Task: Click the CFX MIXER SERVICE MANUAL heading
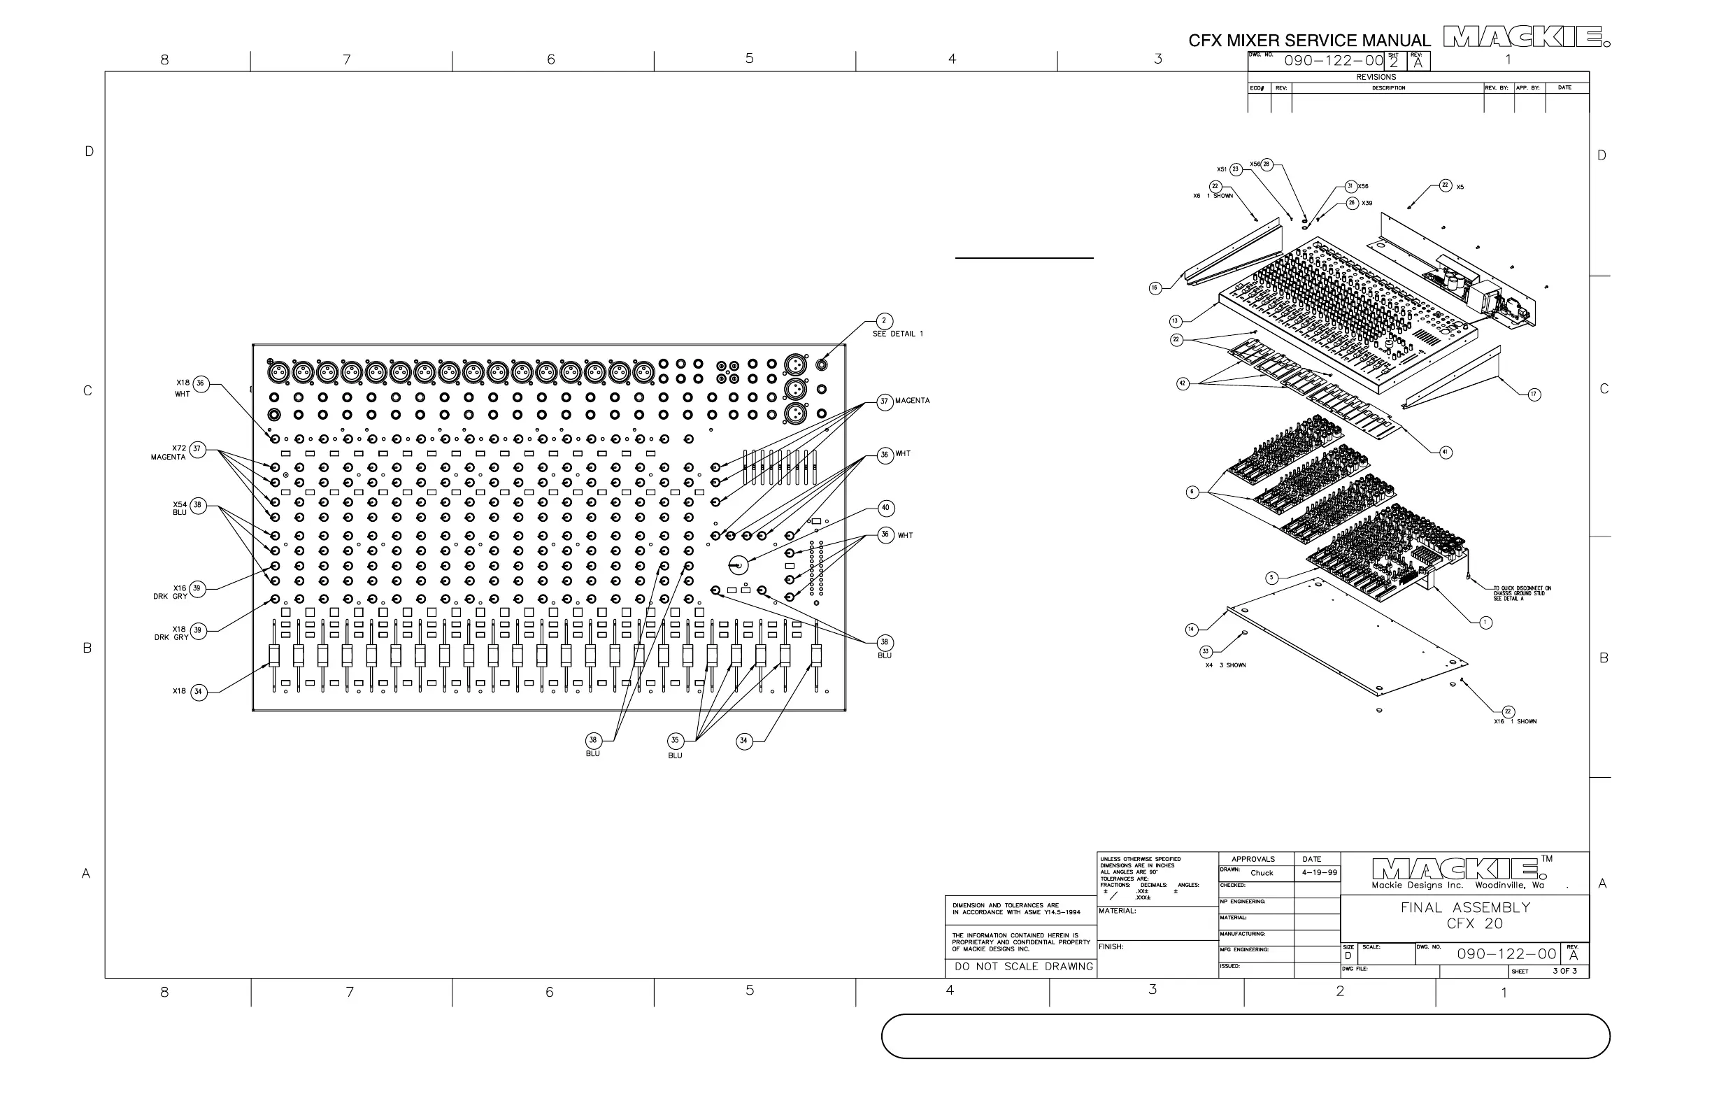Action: pos(1308,41)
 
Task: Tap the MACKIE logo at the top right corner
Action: pos(1526,36)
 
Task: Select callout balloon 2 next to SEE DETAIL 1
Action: pos(884,321)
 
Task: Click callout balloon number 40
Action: pos(885,508)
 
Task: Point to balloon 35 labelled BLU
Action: pos(675,739)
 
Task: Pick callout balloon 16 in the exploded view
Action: pos(1155,287)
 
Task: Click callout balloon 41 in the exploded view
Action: pos(1446,452)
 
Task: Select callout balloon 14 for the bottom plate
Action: pos(1191,630)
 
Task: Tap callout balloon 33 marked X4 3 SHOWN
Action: pos(1206,652)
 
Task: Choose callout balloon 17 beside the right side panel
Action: pos(1534,395)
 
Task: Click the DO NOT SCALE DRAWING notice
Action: pos(1024,966)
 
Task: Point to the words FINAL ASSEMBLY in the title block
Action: pos(1465,907)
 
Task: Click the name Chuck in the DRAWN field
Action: pos(1262,873)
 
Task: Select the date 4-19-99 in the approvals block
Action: pos(1320,873)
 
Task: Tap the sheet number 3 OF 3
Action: pos(1564,971)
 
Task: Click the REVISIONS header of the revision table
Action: pos(1376,77)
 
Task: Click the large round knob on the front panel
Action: pos(739,565)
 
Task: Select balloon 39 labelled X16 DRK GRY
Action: pos(197,588)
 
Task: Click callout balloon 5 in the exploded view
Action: pos(1272,578)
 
